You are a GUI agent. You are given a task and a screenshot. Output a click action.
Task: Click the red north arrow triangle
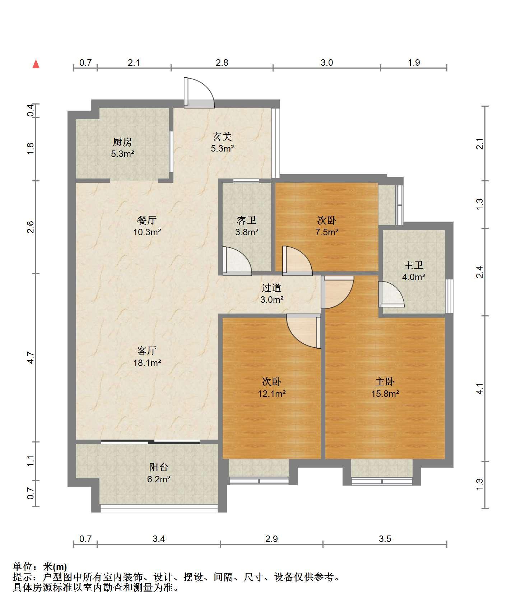click(36, 64)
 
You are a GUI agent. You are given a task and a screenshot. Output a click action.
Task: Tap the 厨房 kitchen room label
click(122, 142)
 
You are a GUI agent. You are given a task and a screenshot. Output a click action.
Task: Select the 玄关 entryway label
click(222, 136)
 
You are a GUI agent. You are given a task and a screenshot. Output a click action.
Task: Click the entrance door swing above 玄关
click(199, 93)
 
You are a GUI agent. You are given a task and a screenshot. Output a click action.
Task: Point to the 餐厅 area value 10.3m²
click(147, 232)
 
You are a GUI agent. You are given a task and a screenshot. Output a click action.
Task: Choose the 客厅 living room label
click(147, 350)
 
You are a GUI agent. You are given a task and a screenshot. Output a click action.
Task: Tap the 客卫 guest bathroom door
click(237, 261)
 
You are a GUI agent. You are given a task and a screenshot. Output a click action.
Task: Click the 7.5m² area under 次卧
click(327, 232)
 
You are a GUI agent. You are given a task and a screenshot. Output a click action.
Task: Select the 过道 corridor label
click(271, 288)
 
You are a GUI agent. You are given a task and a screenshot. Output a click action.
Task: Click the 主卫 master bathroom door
click(391, 294)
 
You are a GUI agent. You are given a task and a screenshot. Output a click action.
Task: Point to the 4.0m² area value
click(414, 277)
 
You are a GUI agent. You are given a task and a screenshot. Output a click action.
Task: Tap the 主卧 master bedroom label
click(385, 381)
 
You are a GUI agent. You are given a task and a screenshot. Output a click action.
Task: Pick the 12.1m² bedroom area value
click(272, 394)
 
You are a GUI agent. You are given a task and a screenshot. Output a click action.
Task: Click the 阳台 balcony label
click(158, 467)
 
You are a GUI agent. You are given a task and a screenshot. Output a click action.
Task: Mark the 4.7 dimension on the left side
click(31, 358)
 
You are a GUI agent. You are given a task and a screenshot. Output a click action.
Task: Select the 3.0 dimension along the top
click(326, 63)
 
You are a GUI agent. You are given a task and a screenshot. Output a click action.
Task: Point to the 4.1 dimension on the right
click(480, 389)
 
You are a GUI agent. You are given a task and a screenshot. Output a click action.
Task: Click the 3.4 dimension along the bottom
click(158, 539)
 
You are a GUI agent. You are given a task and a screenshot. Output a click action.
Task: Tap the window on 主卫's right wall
click(449, 296)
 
